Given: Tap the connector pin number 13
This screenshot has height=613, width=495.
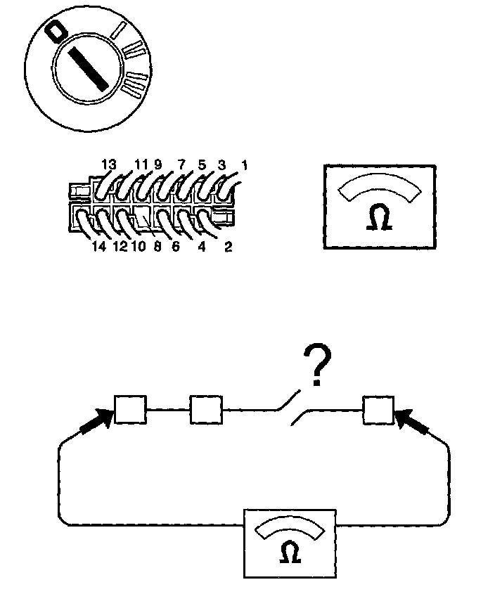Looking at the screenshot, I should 108,164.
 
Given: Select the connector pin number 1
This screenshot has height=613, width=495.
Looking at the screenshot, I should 244,165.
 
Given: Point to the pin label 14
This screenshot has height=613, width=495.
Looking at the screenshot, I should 98,247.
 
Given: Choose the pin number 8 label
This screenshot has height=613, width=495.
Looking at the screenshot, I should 156,247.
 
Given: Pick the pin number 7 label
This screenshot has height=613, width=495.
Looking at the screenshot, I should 181,164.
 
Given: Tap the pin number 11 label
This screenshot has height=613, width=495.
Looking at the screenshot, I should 141,164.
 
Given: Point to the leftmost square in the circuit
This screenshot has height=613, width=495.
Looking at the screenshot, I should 130,410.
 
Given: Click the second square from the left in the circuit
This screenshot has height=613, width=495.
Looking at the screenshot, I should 206,410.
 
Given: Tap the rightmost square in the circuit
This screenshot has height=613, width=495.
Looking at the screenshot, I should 378,410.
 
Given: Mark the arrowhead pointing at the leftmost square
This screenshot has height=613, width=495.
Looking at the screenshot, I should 103,420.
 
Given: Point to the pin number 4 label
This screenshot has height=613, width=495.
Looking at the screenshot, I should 202,247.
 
